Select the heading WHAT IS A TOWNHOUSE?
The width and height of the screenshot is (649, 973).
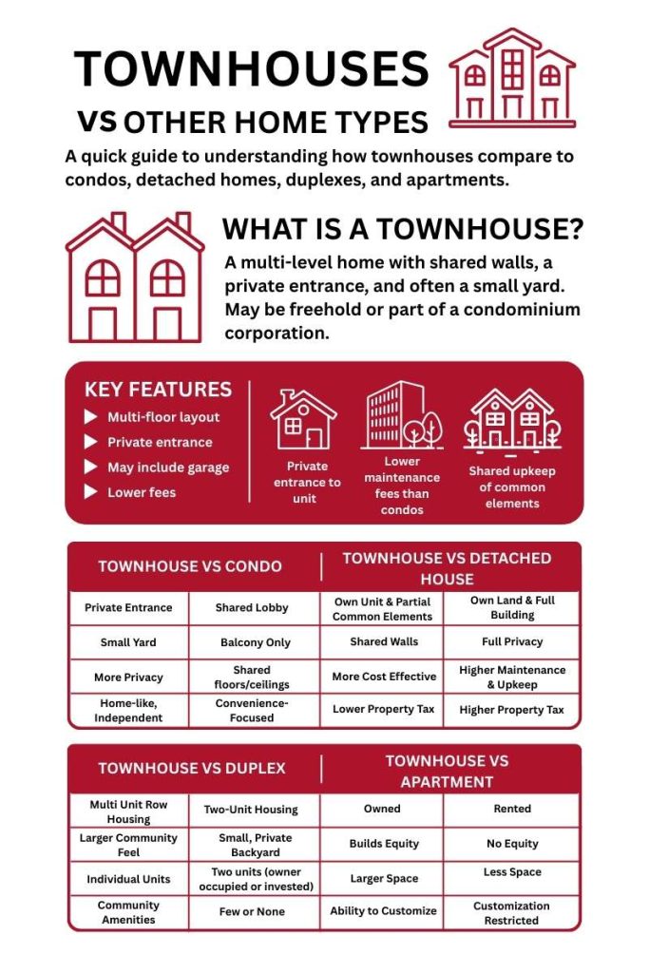click(402, 231)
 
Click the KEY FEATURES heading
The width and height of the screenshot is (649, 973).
click(158, 390)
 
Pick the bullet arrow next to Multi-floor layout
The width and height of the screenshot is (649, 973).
click(91, 417)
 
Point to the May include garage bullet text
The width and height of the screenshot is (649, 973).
click(167, 467)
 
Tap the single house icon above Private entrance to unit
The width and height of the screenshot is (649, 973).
click(303, 419)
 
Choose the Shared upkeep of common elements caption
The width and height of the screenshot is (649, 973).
click(512, 486)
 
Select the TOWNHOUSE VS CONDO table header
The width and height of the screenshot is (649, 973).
click(190, 566)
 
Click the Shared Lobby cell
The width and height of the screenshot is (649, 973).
click(252, 608)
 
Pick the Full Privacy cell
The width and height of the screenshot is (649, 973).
click(511, 642)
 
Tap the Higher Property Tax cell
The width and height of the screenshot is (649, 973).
click(511, 710)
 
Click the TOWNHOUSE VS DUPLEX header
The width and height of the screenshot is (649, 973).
click(191, 768)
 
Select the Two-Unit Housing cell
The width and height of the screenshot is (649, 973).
click(251, 811)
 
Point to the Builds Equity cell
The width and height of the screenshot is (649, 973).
click(383, 844)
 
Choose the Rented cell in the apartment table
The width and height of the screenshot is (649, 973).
click(512, 810)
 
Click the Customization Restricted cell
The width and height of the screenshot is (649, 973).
click(511, 912)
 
